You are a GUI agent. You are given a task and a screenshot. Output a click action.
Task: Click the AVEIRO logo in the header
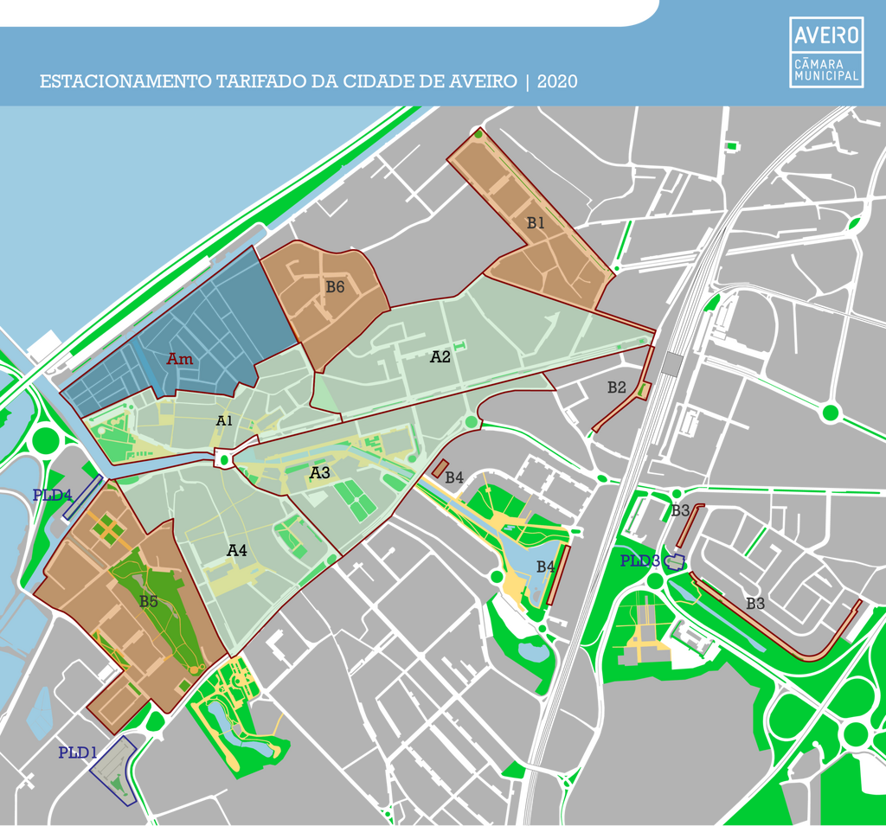click(x=826, y=35)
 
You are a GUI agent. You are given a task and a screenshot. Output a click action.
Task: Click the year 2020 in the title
click(x=557, y=81)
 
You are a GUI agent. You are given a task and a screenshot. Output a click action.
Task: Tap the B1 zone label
click(x=536, y=222)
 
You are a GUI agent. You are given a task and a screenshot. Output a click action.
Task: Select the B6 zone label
click(x=335, y=287)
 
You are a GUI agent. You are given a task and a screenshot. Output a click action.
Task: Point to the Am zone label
click(x=180, y=359)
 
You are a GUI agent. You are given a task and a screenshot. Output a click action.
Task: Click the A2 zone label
click(x=440, y=356)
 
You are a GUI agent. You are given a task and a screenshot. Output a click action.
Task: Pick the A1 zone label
click(x=224, y=420)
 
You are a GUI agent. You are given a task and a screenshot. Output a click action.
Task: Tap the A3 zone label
click(x=320, y=473)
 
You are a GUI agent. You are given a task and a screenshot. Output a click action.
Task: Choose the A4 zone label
click(x=237, y=550)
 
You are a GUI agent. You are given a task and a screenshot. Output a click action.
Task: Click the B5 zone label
click(x=149, y=601)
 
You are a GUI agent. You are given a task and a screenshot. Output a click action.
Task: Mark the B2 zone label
click(x=616, y=387)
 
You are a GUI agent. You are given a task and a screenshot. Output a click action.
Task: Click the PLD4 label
click(x=52, y=496)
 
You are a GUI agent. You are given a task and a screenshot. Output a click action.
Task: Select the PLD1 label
click(x=77, y=752)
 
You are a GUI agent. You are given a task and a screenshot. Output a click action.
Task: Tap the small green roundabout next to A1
click(x=224, y=459)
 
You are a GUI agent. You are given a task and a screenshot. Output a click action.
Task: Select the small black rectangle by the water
click(x=44, y=345)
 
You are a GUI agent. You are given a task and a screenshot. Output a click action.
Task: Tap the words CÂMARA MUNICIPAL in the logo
click(x=826, y=70)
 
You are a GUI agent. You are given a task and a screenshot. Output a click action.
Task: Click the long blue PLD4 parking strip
click(x=83, y=497)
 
